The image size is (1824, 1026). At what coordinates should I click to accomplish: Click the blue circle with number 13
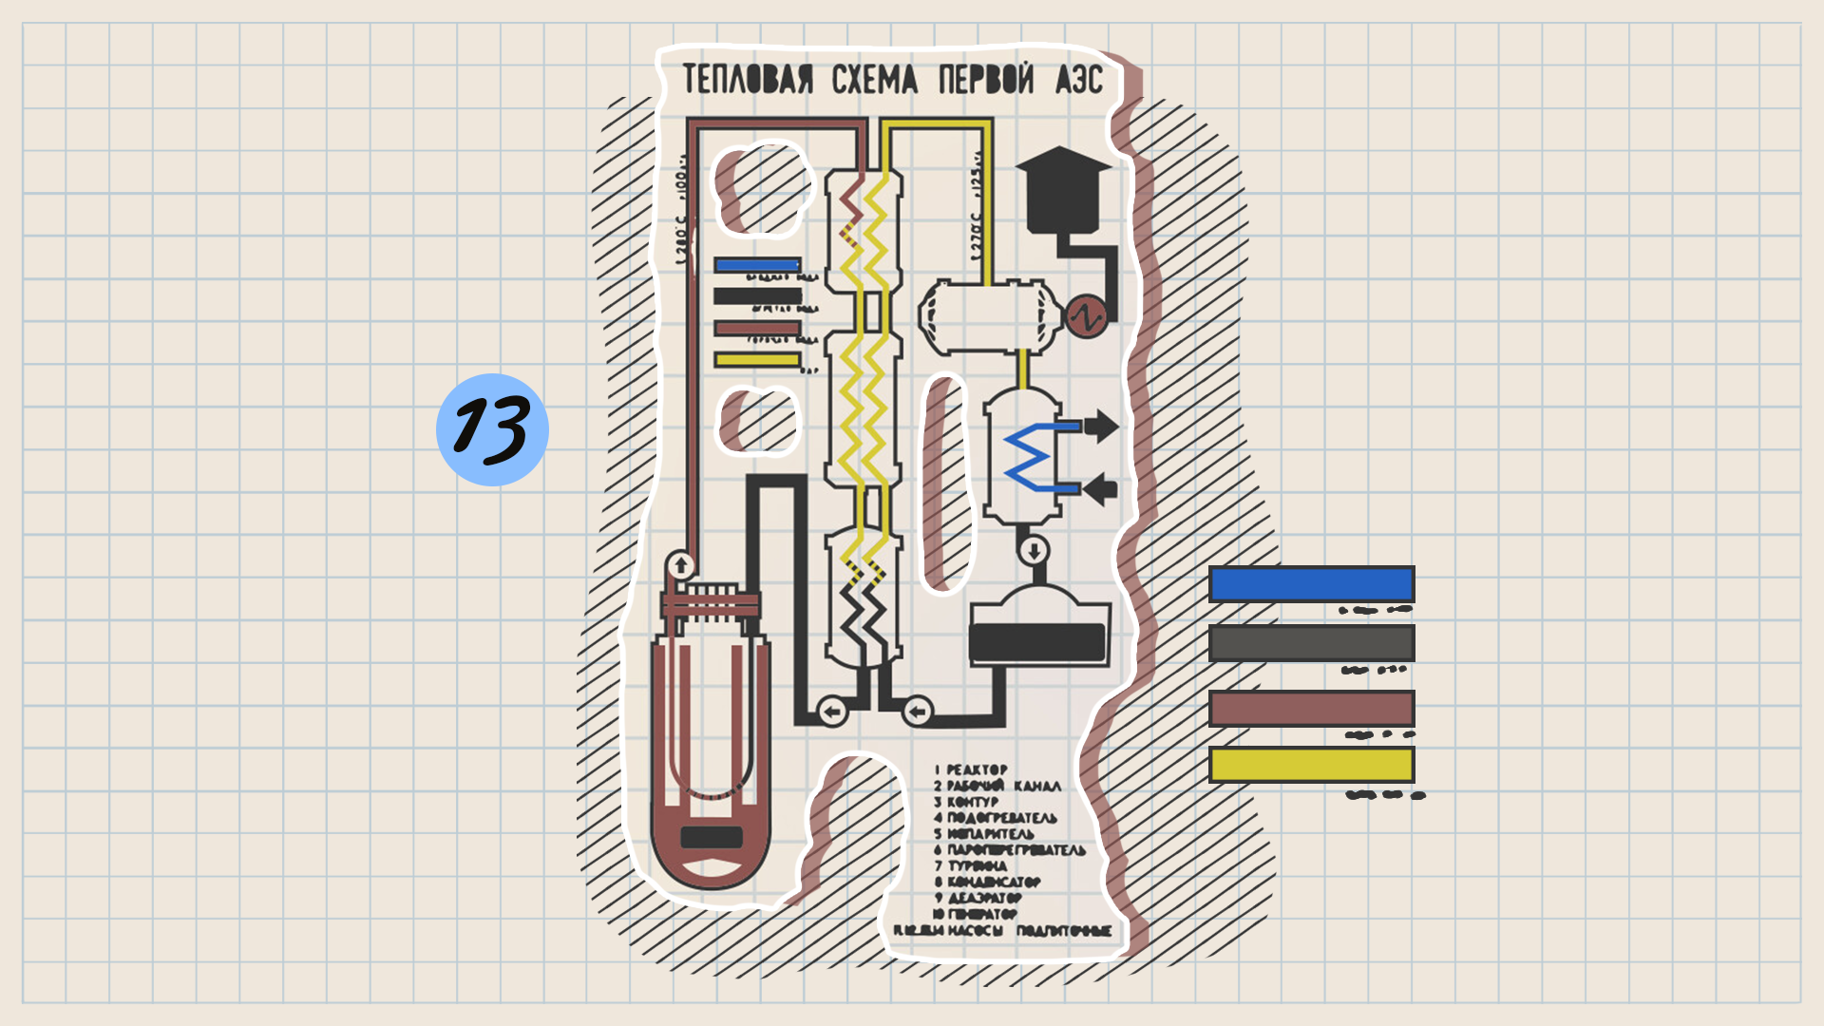(x=492, y=429)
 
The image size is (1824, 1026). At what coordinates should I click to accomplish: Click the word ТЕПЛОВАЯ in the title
(x=748, y=80)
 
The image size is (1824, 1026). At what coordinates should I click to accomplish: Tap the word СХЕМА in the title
(x=874, y=80)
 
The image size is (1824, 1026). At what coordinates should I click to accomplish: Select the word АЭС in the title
(x=1078, y=80)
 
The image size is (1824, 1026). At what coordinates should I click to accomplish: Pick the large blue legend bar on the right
(x=1311, y=584)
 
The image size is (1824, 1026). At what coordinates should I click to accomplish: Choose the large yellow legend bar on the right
(x=1311, y=765)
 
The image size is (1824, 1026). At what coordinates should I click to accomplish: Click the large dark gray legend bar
(x=1311, y=643)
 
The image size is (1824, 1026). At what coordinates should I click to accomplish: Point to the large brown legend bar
(x=1311, y=709)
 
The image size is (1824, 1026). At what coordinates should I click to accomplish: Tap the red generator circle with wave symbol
(x=1086, y=317)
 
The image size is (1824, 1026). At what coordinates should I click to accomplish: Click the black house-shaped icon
(x=1062, y=190)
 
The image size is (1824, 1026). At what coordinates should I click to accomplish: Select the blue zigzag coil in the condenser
(x=1031, y=458)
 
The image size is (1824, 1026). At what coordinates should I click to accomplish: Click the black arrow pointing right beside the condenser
(x=1101, y=426)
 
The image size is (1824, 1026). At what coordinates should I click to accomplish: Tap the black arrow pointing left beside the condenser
(x=1101, y=490)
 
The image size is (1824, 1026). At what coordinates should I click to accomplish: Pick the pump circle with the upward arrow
(x=680, y=566)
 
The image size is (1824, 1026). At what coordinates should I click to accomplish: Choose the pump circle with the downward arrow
(x=1034, y=550)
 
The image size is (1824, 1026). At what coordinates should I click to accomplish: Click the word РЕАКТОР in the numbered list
(x=977, y=769)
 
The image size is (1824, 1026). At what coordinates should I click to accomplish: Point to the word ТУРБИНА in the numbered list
(x=978, y=865)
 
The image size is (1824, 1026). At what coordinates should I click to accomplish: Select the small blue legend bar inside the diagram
(x=757, y=265)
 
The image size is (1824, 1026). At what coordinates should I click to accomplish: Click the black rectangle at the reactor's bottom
(x=712, y=837)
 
